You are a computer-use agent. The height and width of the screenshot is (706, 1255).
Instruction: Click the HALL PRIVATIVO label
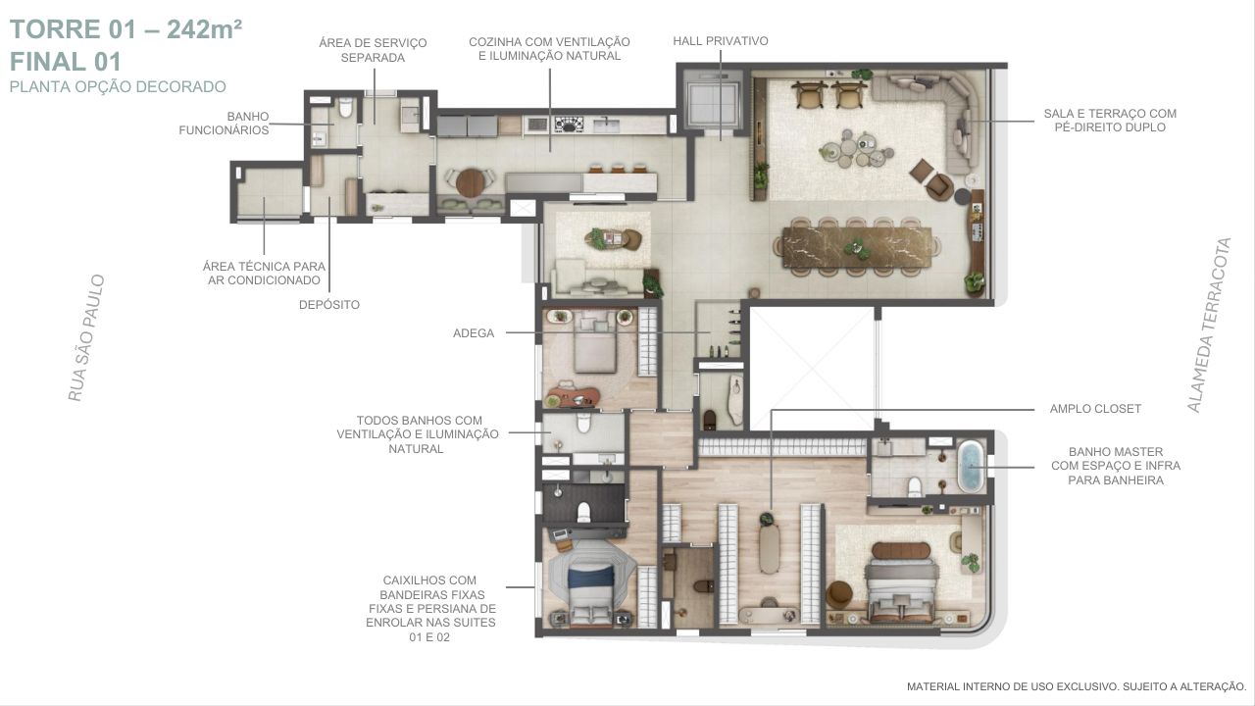click(721, 41)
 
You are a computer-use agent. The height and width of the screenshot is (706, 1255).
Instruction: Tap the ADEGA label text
click(474, 333)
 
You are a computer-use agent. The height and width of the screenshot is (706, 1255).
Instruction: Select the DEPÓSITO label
click(329, 305)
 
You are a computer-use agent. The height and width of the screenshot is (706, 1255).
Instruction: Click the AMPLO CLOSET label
click(1095, 409)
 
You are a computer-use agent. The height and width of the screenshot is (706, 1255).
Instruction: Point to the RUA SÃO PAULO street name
click(86, 338)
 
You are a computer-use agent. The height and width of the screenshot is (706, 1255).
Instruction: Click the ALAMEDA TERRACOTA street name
click(1209, 325)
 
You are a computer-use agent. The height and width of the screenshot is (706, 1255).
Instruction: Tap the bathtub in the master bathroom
click(971, 466)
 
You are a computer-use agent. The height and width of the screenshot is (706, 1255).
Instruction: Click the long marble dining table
click(859, 247)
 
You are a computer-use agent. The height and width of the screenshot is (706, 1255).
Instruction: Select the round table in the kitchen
click(471, 182)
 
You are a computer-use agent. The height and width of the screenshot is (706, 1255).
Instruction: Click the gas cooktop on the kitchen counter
click(569, 125)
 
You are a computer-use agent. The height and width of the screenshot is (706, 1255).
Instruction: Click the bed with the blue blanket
click(590, 590)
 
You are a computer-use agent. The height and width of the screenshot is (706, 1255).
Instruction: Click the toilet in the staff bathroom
click(346, 107)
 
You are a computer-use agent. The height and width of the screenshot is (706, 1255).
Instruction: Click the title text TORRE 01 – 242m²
click(126, 29)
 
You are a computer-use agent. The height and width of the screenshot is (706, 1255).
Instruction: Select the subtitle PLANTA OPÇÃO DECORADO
click(118, 87)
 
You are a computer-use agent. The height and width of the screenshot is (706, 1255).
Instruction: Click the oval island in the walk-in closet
click(770, 550)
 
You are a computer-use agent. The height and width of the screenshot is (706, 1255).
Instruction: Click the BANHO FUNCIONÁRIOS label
click(225, 124)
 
